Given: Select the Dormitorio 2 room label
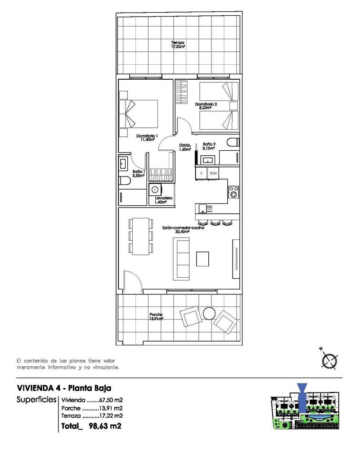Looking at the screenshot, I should [206, 106].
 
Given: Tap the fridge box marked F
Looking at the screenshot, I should [201, 173].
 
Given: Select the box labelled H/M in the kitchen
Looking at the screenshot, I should [213, 173].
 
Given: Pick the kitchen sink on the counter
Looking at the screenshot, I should [203, 208].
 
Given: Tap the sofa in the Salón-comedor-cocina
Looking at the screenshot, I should [182, 258].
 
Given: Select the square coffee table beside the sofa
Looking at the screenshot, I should [203, 258].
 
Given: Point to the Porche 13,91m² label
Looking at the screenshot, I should [156, 316].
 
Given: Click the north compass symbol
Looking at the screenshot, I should [330, 361].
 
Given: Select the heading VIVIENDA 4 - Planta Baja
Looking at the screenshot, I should [64, 388].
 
